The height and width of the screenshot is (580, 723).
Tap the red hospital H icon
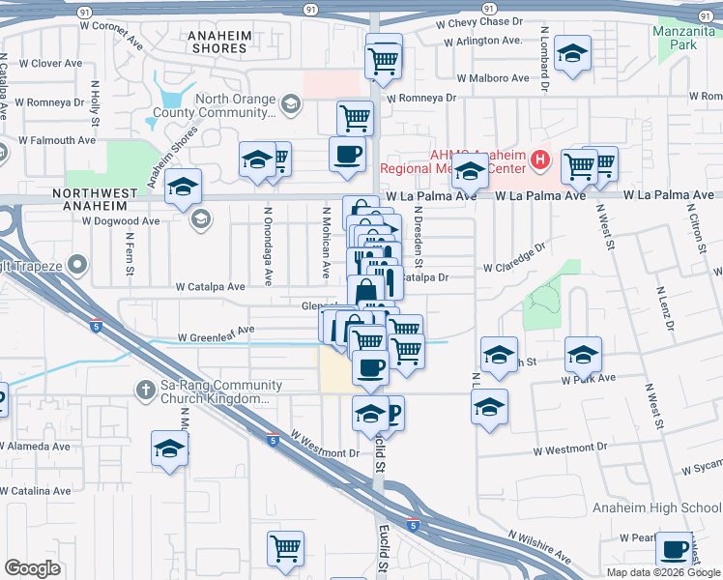[541, 159]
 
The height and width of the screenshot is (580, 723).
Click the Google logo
[32, 568]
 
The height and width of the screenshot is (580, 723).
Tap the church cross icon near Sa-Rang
[144, 390]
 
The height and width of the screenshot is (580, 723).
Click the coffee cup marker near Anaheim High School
[674, 549]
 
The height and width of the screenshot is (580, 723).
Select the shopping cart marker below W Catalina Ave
[285, 549]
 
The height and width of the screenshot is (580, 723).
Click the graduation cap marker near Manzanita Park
[573, 56]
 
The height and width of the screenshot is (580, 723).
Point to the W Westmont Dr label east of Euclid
[570, 449]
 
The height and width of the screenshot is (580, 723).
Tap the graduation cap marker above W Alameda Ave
[169, 449]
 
